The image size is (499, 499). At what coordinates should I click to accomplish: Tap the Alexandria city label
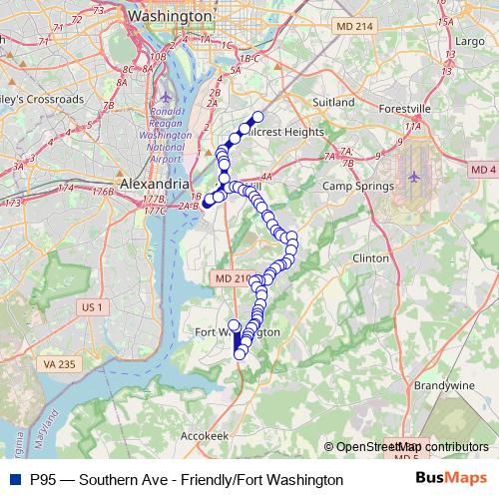[152, 185]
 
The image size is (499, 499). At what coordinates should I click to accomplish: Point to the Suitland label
[333, 102]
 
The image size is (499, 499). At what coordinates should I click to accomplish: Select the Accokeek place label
[206, 436]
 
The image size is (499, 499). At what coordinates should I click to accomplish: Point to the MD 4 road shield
[484, 171]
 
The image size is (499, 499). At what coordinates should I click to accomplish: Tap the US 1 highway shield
[93, 306]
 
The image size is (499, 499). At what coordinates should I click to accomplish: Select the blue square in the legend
[14, 480]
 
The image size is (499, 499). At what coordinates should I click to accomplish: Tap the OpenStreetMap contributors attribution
[411, 447]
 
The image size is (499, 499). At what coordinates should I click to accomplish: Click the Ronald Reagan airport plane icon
[166, 97]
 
